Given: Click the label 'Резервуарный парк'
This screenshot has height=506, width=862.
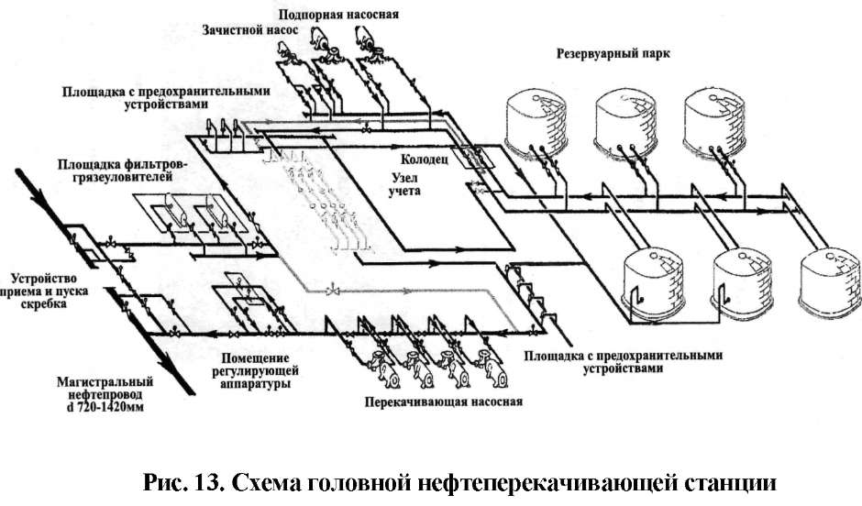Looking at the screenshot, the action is click(613, 54).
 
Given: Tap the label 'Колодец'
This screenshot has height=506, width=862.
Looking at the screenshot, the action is click(424, 159).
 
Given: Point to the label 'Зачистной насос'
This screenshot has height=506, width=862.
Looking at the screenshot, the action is click(249, 30).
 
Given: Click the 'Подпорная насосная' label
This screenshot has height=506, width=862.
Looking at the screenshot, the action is click(338, 14).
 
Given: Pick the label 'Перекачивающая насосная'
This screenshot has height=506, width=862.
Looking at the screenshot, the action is click(443, 401).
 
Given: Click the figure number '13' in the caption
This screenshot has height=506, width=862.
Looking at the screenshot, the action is click(208, 483).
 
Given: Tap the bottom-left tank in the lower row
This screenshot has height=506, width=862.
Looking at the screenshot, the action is click(653, 284).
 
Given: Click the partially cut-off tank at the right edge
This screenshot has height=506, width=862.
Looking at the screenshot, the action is click(830, 284).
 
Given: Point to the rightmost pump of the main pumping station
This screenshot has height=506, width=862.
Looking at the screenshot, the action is click(491, 367).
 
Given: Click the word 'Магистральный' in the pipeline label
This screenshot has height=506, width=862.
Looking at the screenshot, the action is click(105, 382).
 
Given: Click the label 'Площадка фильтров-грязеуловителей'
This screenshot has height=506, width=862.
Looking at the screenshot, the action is click(116, 170).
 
